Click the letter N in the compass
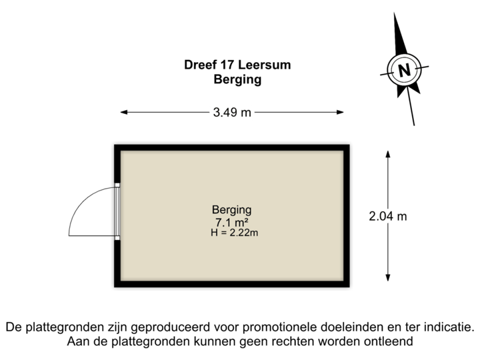coord(404,70)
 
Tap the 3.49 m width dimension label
coord(232,113)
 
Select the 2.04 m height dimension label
coord(388,217)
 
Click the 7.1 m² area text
coord(232,221)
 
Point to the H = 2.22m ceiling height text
coord(234,233)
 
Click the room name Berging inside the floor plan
coord(232,210)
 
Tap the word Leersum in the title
coord(264,65)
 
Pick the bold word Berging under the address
coord(237,79)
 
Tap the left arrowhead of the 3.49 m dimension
coord(124,113)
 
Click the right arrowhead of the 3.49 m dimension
coord(340,113)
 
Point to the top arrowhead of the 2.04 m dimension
coord(388,154)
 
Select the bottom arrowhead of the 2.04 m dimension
coord(388,277)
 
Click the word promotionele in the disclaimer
coord(280,327)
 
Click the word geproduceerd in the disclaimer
coord(171,327)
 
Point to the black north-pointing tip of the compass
coord(395,15)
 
